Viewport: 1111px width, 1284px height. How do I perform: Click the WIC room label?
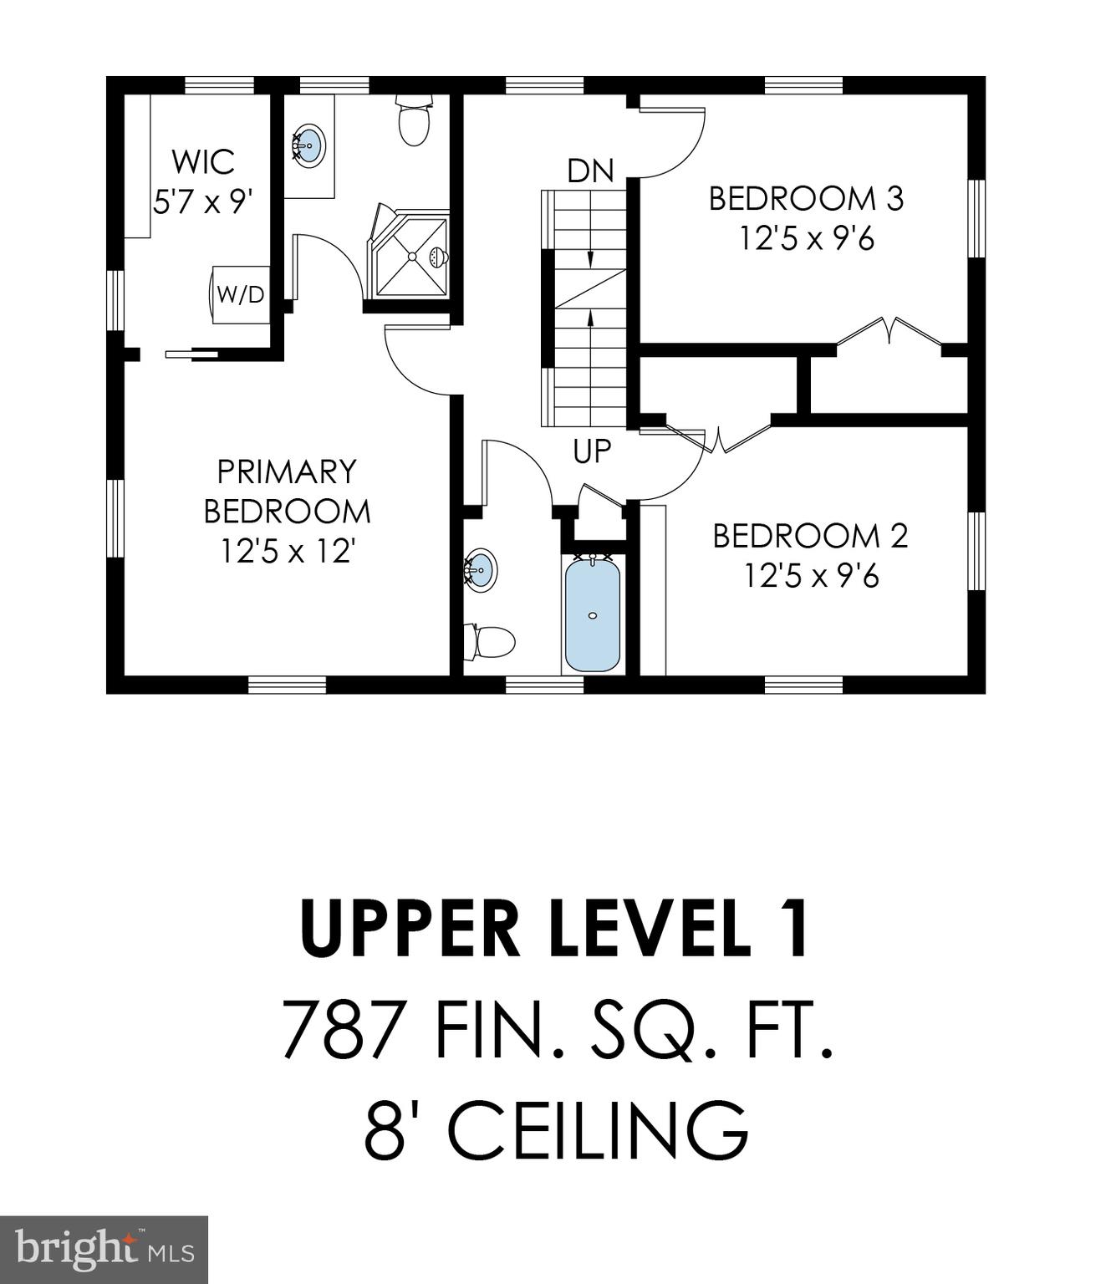pos(203,161)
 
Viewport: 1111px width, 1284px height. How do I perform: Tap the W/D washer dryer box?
pos(240,294)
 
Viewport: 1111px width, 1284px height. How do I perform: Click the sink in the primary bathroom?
pos(308,145)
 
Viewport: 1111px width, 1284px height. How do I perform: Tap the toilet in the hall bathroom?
pos(490,642)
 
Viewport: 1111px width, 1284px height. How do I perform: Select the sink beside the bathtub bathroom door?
pos(481,570)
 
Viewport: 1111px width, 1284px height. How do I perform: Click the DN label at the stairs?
pos(590,171)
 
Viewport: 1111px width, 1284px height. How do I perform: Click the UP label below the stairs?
pos(592,451)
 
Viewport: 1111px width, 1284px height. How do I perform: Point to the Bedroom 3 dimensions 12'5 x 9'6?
pos(806,239)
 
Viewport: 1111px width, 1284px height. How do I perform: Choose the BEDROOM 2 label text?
pos(809,536)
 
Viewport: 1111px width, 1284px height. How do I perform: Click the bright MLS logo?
pos(104,1250)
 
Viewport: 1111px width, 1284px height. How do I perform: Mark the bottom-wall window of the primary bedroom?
pos(287,685)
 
